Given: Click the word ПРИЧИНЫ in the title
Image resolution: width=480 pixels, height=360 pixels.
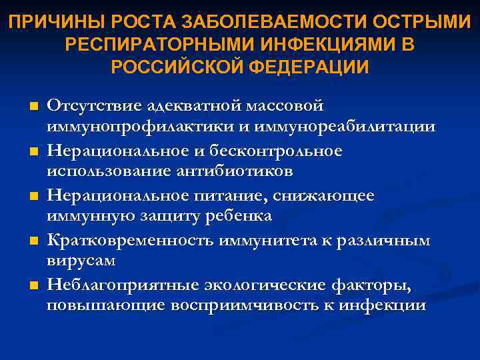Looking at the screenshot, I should point(45,23).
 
